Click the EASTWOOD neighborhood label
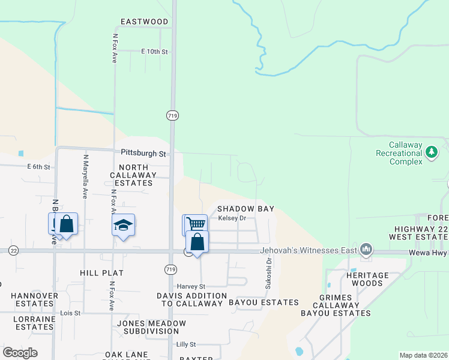(144, 22)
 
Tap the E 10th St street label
(154, 52)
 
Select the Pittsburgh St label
(143, 154)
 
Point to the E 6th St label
(38, 167)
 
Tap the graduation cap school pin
(124, 226)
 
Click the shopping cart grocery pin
(194, 225)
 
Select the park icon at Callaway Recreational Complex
(431, 152)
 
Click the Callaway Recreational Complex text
(406, 153)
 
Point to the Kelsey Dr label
(232, 218)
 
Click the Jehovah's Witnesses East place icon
(366, 249)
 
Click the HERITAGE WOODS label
(364, 278)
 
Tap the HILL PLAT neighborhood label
(101, 273)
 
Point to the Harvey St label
(191, 287)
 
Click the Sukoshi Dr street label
(270, 273)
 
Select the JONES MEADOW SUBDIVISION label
(151, 327)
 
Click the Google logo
(20, 353)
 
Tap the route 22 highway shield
(13, 251)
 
